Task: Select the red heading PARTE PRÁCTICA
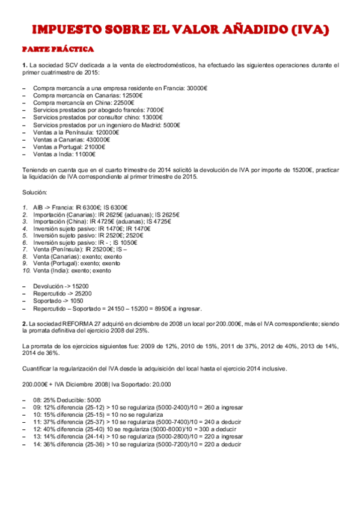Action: [57, 49]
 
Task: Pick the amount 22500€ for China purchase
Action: [124, 103]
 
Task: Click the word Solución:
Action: [34, 192]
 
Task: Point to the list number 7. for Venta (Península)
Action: [25, 249]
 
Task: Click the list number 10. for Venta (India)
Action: [26, 271]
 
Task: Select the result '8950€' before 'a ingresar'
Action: [163, 308]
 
